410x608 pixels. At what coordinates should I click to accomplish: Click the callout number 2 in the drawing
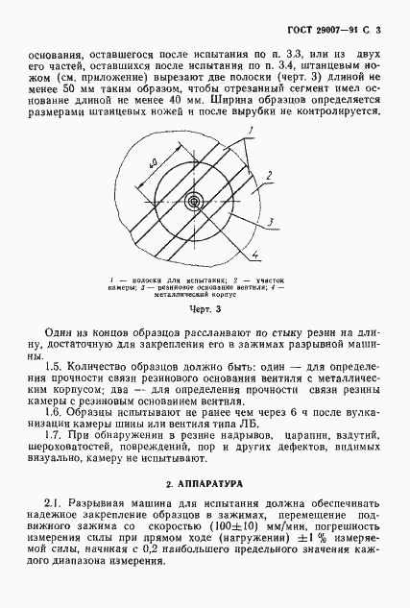(x=272, y=174)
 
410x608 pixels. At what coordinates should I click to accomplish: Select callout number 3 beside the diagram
(x=272, y=221)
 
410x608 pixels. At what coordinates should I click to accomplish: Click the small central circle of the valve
(x=195, y=202)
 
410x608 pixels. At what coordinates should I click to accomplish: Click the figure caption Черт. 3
(x=204, y=310)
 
